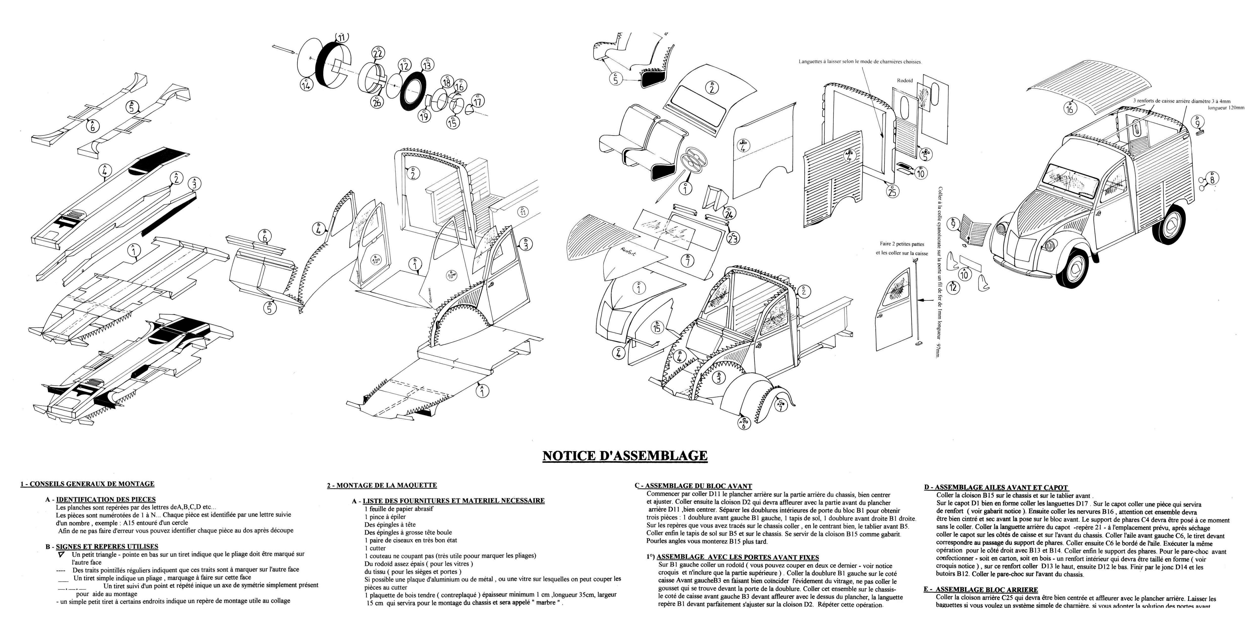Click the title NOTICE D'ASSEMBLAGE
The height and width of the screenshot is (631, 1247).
pyautogui.click(x=624, y=456)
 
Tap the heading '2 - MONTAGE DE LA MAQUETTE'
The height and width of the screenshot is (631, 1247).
pyautogui.click(x=382, y=485)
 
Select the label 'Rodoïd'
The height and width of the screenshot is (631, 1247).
pyautogui.click(x=905, y=80)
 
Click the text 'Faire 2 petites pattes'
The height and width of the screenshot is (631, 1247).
pyautogui.click(x=901, y=244)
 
